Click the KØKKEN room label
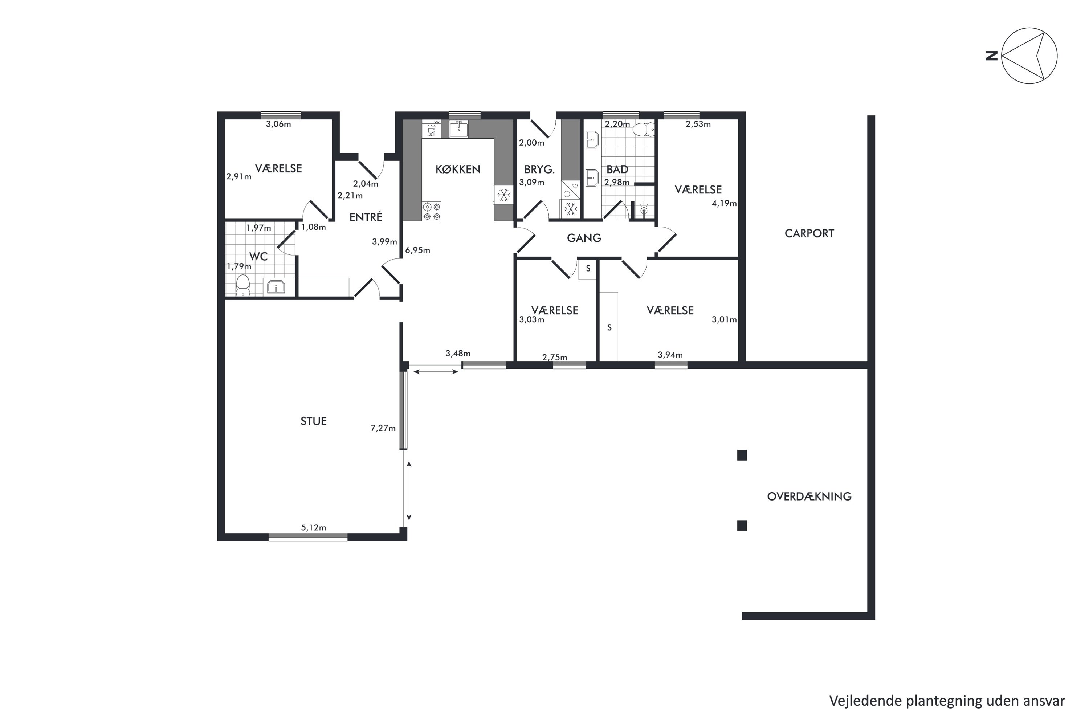tap(457, 170)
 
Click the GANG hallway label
tap(584, 238)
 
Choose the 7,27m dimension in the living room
tap(383, 428)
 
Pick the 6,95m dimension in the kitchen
tap(418, 250)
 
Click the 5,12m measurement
tap(314, 527)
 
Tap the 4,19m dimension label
tap(724, 203)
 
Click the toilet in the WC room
tap(242, 285)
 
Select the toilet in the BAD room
tap(644, 130)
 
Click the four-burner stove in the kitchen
tap(432, 211)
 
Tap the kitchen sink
tap(459, 128)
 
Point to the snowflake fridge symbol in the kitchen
tap(503, 195)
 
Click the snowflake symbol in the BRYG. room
tap(570, 209)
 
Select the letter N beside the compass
tap(992, 56)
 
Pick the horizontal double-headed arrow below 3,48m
tap(436, 371)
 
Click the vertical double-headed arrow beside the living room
tap(409, 491)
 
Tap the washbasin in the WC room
tap(276, 287)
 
